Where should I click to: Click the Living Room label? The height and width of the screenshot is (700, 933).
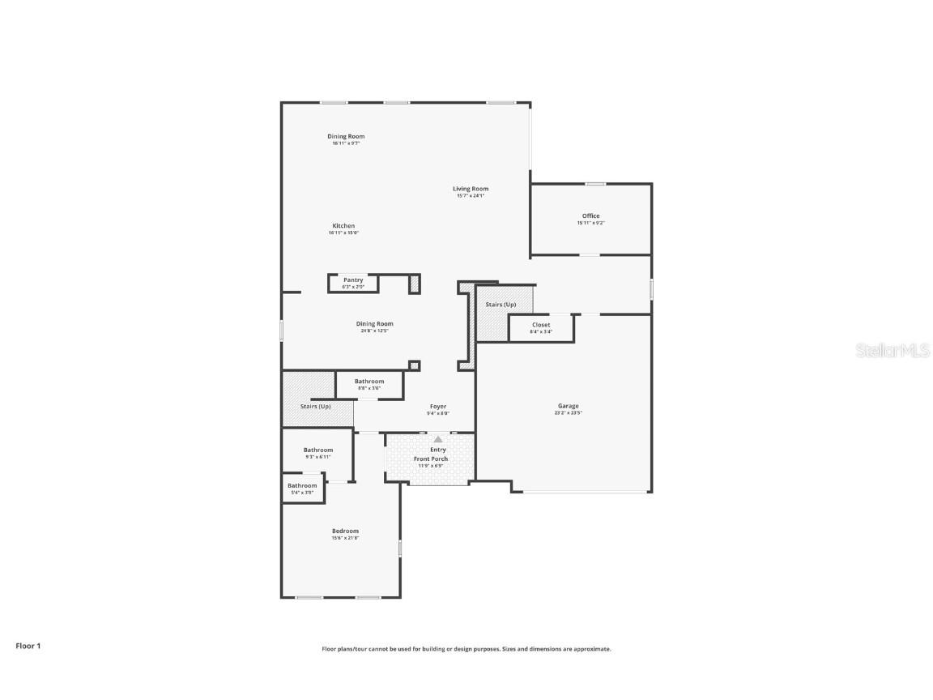click(471, 189)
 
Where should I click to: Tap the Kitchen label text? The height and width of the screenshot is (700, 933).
click(343, 226)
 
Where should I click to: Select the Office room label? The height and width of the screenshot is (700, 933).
click(591, 216)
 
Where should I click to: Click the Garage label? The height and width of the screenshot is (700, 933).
click(568, 406)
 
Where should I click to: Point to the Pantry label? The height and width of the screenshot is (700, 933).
click(353, 280)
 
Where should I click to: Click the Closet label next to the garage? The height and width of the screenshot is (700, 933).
click(541, 325)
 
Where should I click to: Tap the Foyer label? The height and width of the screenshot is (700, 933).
click(438, 407)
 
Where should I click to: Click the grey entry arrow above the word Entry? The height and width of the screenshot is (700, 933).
click(438, 439)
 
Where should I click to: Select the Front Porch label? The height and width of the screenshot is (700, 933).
click(431, 459)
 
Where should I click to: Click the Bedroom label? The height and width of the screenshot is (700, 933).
click(345, 531)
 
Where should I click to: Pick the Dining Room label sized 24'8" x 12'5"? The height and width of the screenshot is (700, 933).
click(374, 324)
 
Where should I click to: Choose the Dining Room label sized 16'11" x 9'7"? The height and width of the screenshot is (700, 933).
click(346, 136)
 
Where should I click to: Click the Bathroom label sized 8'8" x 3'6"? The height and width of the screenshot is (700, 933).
click(369, 381)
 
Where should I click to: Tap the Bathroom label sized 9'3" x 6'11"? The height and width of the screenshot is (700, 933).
click(318, 450)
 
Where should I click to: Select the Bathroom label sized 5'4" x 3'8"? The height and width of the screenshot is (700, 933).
click(303, 485)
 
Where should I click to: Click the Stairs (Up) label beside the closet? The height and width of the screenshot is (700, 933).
click(501, 305)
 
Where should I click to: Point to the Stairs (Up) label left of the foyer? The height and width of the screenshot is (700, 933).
click(316, 406)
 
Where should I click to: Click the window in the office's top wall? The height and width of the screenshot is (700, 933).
click(596, 184)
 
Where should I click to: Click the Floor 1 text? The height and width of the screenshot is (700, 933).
click(28, 646)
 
